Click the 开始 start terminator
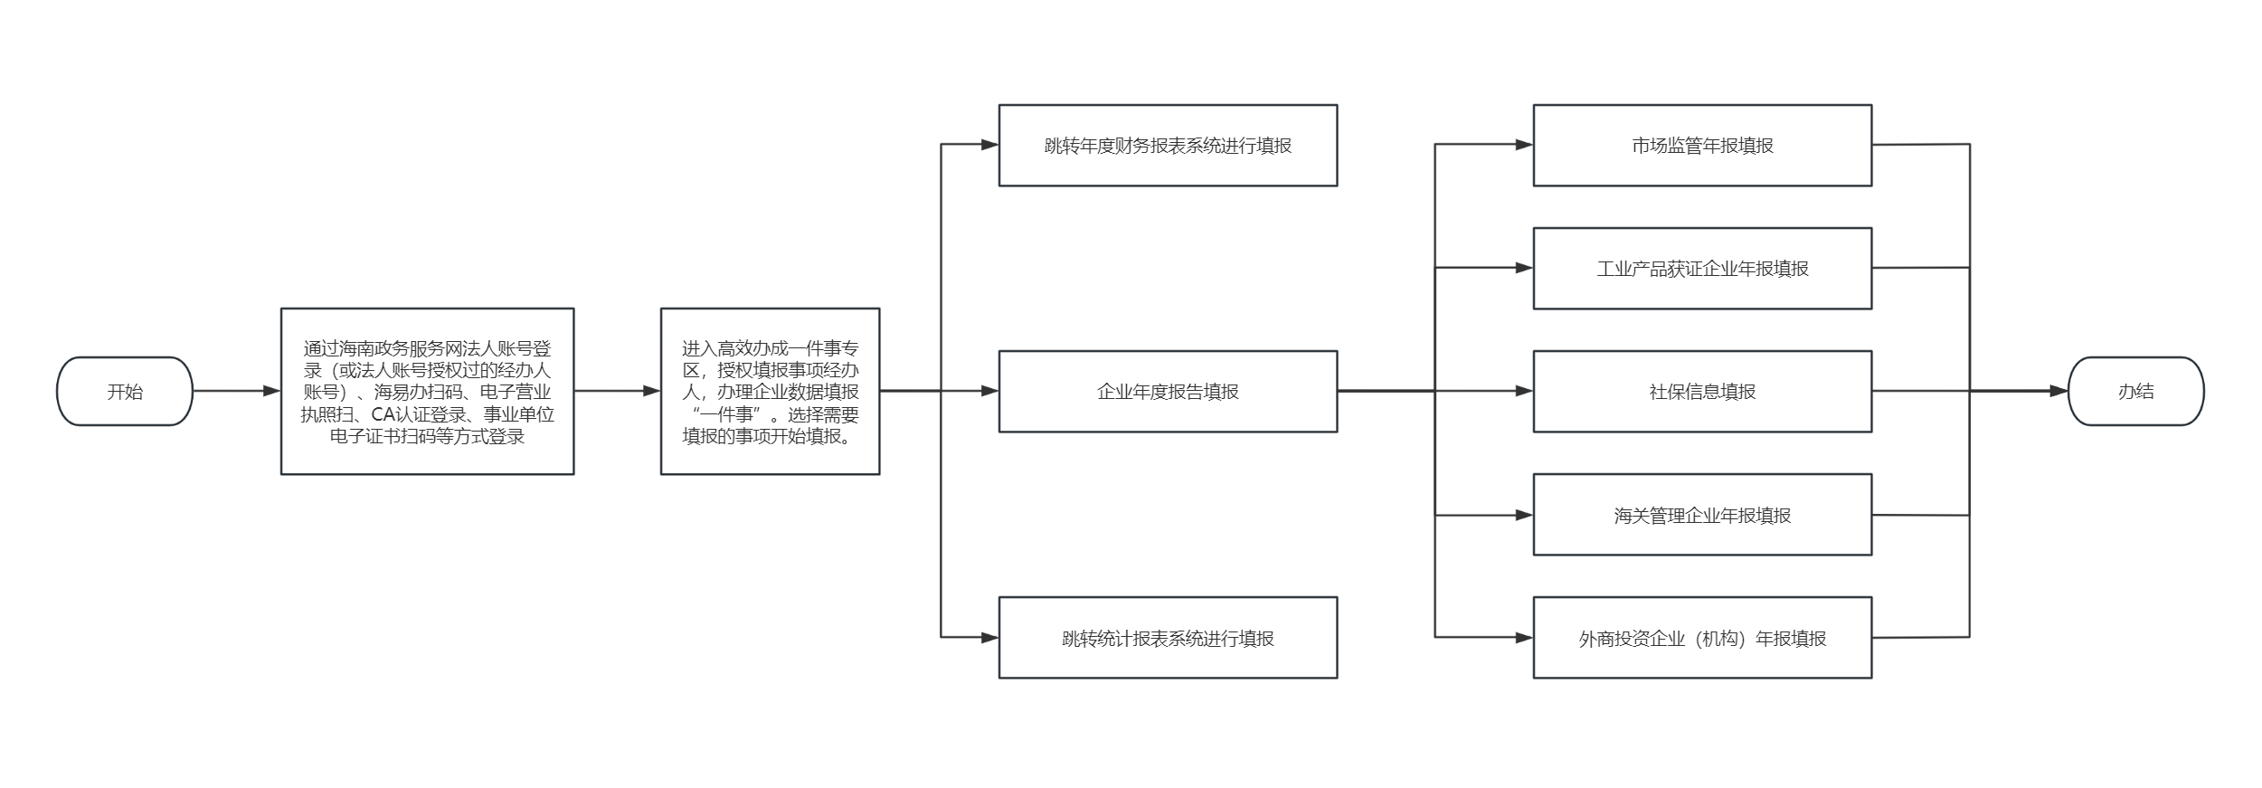125,391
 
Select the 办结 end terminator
2135,391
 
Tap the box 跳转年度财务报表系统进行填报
1168,146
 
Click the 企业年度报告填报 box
1168,391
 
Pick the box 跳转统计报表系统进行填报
1168,638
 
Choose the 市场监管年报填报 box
1702,146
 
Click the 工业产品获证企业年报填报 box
1702,269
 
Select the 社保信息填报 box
1702,391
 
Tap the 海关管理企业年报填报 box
1702,515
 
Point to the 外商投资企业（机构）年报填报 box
1702,638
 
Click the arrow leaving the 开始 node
237,391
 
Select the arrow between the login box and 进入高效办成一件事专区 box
618,391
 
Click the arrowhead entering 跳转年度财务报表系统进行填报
989,144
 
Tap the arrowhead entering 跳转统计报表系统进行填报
989,637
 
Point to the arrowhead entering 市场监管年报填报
1524,144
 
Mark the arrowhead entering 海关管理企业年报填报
1524,515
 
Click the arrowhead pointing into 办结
2059,391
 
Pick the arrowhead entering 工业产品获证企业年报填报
1524,268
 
